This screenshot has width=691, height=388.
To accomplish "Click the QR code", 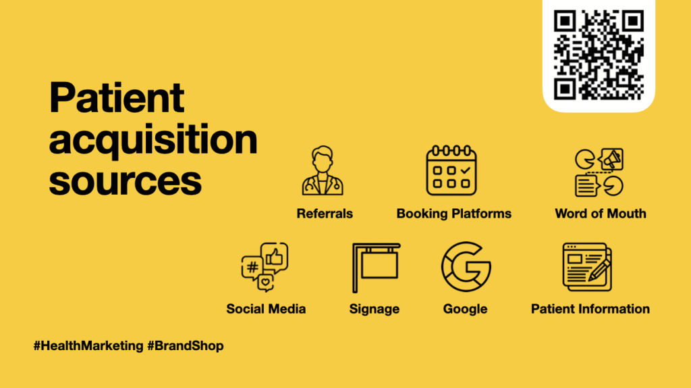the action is coord(599,55).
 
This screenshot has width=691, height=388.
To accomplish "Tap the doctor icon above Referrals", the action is coord(323,170).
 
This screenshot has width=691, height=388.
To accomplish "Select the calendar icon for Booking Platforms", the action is coord(451,170).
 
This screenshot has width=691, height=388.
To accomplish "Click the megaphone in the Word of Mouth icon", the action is coord(611,159).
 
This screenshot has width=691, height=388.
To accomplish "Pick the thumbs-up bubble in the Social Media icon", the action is coord(275,257).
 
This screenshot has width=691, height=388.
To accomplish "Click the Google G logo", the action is coord(466,266).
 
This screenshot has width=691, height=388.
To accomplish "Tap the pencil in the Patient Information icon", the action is coord(599,270).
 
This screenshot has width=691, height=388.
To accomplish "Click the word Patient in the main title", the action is coord(116,97).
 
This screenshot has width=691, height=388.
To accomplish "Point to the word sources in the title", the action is coord(125,181).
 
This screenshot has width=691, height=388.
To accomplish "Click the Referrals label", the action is coord(325,214).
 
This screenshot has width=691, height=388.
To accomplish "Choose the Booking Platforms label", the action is coord(454,214).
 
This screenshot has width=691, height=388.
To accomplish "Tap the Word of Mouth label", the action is coord(601,214).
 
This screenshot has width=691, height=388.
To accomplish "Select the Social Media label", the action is coord(266,309).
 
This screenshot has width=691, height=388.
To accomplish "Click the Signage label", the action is coord(375,309).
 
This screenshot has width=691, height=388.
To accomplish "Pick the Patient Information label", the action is coord(590,309).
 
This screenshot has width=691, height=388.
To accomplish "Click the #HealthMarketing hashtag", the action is coord(88,345).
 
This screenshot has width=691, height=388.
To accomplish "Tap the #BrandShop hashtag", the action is coord(186,345).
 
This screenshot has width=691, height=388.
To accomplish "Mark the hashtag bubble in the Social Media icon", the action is coord(252,267).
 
